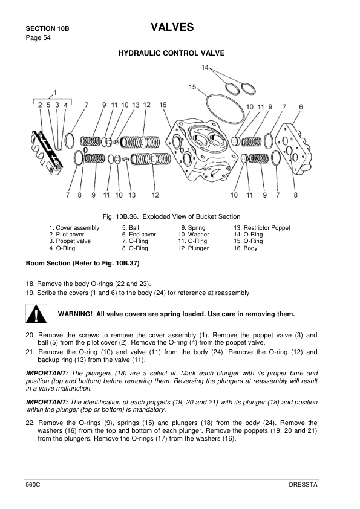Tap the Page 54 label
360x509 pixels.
click(38, 38)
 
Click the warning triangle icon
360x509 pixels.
click(37, 314)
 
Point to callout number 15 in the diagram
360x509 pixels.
click(192, 87)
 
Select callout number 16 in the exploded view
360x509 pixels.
click(163, 105)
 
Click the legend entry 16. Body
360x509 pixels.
click(246, 248)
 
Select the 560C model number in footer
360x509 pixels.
click(33, 485)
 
